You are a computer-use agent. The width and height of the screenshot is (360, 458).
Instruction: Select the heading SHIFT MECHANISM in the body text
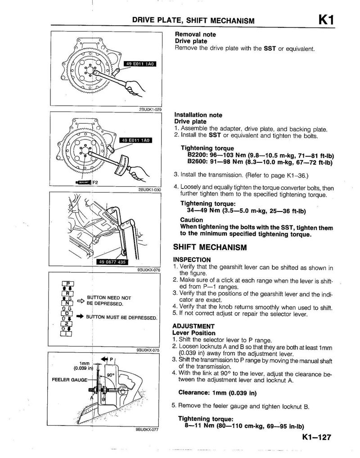[210, 248]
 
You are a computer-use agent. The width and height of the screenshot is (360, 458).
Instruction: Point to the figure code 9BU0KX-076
[148, 270]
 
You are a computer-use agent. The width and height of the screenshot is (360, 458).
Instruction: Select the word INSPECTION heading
[192, 260]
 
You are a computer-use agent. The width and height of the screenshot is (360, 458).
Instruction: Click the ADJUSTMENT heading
[193, 326]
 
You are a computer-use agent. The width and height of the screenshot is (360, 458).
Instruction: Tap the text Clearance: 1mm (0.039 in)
[217, 392]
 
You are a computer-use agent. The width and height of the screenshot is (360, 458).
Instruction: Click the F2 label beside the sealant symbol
[95, 182]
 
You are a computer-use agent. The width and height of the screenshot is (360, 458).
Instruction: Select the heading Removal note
[195, 34]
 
